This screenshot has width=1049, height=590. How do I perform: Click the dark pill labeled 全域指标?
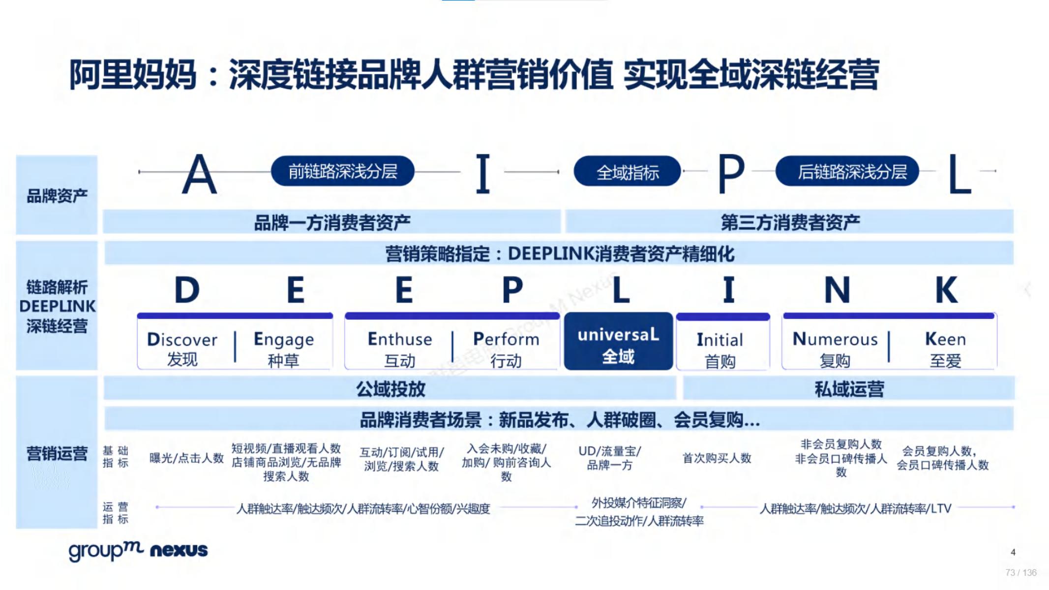click(627, 172)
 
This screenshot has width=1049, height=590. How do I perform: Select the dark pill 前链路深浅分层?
click(342, 171)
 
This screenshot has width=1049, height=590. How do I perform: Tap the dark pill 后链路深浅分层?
click(847, 171)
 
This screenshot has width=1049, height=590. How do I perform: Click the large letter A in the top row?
click(199, 174)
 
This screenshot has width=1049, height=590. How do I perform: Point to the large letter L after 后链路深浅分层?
click(959, 174)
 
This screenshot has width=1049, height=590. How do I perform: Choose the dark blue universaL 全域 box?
click(618, 341)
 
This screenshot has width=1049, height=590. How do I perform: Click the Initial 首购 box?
click(723, 341)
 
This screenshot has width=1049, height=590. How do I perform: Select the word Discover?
click(182, 339)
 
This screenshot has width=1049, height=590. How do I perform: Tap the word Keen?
click(945, 339)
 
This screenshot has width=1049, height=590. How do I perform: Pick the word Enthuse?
click(400, 339)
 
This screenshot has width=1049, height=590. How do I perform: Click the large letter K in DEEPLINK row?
click(946, 290)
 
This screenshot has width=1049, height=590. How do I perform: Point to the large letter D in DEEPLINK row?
click(187, 290)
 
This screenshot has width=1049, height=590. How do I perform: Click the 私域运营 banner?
click(849, 389)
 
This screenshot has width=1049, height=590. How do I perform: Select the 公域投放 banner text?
click(390, 389)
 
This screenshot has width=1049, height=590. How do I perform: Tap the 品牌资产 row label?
click(57, 196)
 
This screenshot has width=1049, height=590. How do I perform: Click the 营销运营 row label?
click(57, 453)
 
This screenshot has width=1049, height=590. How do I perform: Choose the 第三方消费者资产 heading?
click(790, 222)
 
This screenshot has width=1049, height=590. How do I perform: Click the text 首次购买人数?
click(717, 458)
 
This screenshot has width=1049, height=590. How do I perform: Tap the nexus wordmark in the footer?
click(179, 550)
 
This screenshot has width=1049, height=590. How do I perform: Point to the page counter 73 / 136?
click(1021, 573)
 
